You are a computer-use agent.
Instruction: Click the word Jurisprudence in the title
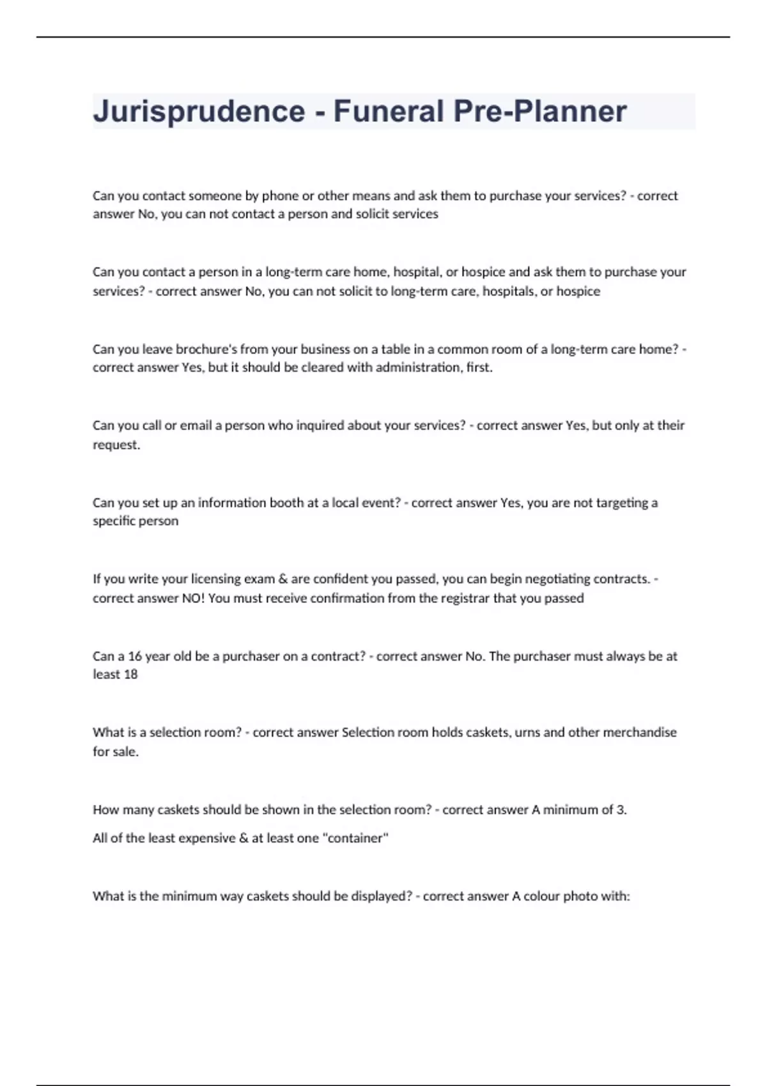(199, 112)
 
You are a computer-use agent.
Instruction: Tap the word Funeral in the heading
(389, 112)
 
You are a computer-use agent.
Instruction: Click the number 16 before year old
(135, 656)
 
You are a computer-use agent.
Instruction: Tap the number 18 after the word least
(130, 675)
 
